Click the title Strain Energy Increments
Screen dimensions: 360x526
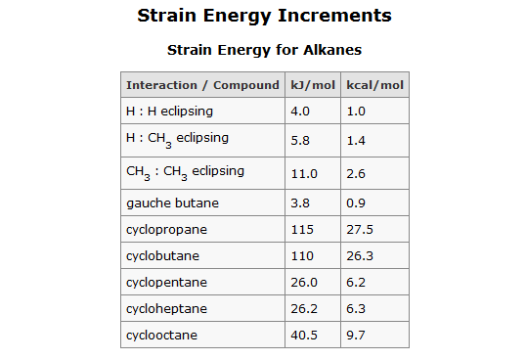264,17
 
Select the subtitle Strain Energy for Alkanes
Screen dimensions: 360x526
264,49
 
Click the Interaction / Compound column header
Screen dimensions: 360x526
202,85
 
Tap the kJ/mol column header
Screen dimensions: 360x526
313,85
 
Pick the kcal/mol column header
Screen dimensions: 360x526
375,85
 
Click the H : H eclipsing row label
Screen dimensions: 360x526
169,112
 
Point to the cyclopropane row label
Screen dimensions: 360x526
167,230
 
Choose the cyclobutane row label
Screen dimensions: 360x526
165,256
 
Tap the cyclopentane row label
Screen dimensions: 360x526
167,283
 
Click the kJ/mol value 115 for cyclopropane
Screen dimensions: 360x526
302,230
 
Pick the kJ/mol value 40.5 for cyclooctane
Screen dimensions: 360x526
305,336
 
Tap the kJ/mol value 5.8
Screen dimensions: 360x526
301,141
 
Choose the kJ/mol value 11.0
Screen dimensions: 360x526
305,173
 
